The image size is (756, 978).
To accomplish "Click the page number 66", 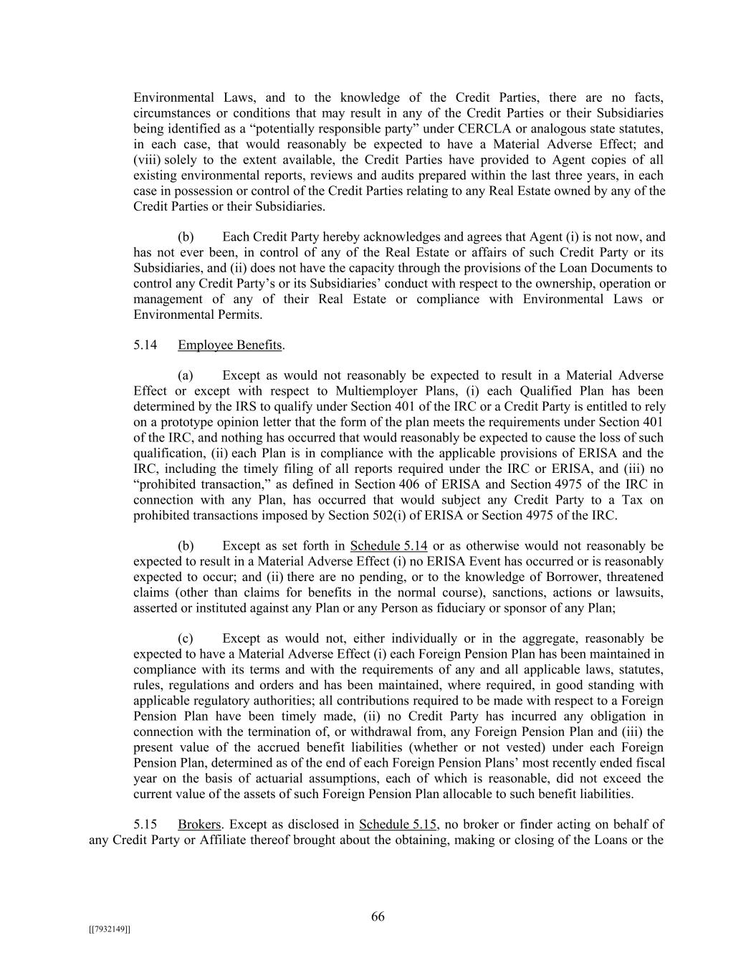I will coord(378,917).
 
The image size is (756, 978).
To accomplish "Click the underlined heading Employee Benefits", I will coord(229,345).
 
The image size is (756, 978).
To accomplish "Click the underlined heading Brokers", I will coord(198,825).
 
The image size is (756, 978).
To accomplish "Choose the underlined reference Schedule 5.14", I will coord(388,546).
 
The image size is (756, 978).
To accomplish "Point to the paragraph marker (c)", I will coord(186,638).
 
